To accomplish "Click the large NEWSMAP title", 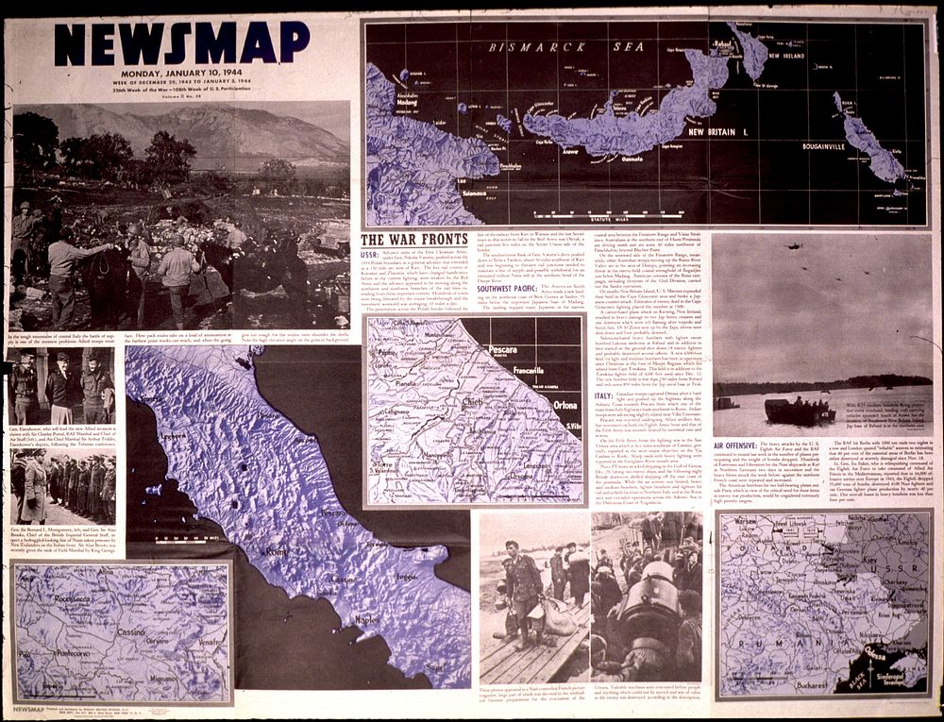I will point(181,44).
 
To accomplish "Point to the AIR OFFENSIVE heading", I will point(746,445).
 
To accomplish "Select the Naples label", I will point(366,620).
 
